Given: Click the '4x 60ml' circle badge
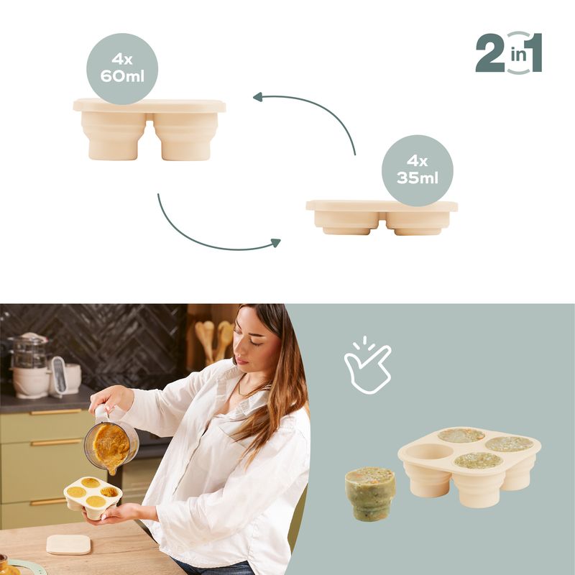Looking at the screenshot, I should (122, 68).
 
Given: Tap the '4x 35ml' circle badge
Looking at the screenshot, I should (418, 170).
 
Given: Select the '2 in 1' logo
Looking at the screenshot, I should (508, 52).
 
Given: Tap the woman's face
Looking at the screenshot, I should (256, 341).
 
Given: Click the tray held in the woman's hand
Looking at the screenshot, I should (92, 496).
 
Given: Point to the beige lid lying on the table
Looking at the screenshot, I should (68, 543).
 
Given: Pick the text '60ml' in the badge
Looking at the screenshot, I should (122, 77).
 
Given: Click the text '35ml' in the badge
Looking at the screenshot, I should (418, 179).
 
